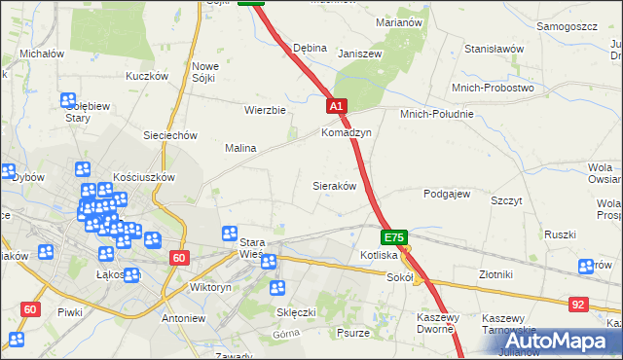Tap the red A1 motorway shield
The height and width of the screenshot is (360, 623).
(336, 106)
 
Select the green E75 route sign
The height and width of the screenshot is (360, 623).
(393, 237)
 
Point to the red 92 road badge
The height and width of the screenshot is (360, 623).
(579, 305)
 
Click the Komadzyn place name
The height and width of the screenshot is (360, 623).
(347, 132)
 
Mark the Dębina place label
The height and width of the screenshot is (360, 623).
(310, 48)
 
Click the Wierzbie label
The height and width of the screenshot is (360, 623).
(265, 110)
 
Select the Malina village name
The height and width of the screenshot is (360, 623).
(240, 148)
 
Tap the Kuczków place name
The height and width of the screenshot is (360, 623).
(147, 75)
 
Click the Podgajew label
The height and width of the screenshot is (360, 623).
(447, 194)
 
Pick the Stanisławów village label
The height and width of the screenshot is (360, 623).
(495, 48)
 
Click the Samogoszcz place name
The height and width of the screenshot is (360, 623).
(566, 26)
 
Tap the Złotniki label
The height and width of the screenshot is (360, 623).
(502, 274)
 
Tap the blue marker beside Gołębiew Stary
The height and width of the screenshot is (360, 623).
(67, 100)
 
